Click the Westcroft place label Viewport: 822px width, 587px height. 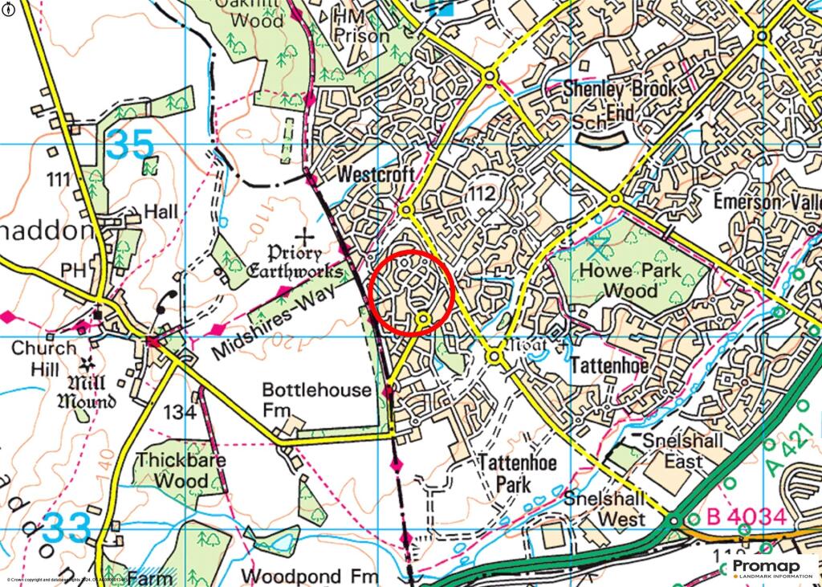tap(376, 174)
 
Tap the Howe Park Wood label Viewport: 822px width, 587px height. tap(629, 279)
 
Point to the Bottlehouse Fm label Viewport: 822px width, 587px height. tap(317, 399)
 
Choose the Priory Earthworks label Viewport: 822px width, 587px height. tap(294, 263)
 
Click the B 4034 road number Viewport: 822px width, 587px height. tap(746, 516)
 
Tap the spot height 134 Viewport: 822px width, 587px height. tap(178, 413)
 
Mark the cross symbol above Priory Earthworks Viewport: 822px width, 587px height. tap(305, 236)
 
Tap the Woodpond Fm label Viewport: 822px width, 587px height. tap(309, 576)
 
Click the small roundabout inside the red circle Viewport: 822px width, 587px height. tap(423, 320)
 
